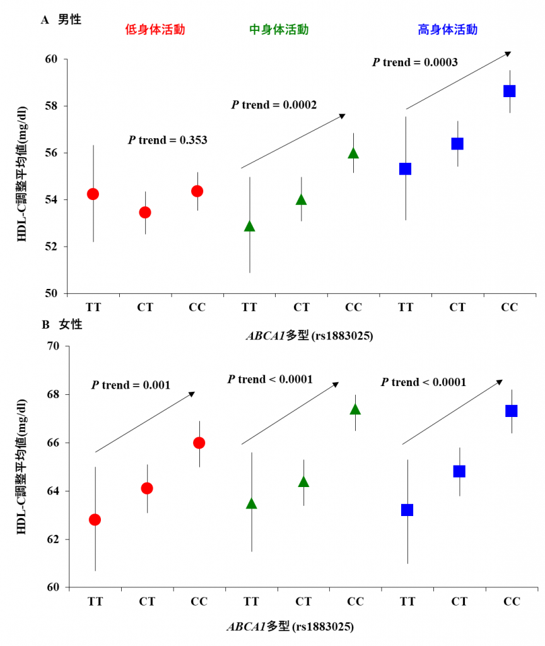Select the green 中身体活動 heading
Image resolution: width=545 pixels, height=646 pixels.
point(279,30)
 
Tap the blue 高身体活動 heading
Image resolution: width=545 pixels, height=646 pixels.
point(447,30)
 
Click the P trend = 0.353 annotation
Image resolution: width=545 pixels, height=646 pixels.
point(168,140)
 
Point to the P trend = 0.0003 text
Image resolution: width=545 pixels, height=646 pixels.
point(414,62)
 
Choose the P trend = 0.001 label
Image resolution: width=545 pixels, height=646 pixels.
point(131,385)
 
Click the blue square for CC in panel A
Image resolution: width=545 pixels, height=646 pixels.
point(509,91)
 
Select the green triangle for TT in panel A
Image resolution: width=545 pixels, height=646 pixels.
point(250,226)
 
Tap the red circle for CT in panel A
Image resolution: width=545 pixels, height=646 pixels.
point(145,212)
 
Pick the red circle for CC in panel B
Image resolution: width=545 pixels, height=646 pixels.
point(199,443)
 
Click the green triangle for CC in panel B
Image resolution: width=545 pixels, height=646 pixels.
point(355,409)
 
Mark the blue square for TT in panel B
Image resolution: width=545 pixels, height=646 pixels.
point(407,510)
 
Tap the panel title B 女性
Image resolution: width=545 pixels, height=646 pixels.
point(61,326)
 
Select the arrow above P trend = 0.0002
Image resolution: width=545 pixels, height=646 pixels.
point(293,141)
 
